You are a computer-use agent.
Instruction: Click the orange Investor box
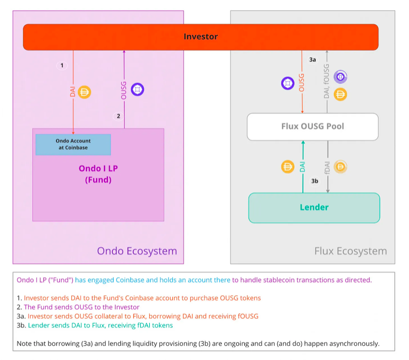[x=201, y=37]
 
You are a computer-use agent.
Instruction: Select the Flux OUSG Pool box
[x=312, y=126]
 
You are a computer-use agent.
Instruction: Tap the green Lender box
[x=314, y=208]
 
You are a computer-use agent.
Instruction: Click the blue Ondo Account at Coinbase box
[x=73, y=144]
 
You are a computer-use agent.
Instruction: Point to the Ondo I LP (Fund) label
[x=98, y=174]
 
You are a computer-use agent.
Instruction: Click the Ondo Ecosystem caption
[x=137, y=251]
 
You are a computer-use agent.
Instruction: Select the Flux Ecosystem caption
[x=350, y=251]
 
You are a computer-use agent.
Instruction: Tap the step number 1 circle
[x=62, y=65]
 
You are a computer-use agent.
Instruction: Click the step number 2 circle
[x=118, y=116]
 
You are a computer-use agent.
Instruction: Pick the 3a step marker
[x=313, y=59]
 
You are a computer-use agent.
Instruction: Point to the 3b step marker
[x=315, y=181]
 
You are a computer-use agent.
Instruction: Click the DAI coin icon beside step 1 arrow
[x=85, y=92]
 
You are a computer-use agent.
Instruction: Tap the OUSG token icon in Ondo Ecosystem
[x=137, y=89]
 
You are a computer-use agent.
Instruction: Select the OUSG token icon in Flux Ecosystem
[x=288, y=84]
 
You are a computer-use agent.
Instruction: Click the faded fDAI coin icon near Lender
[x=340, y=166]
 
